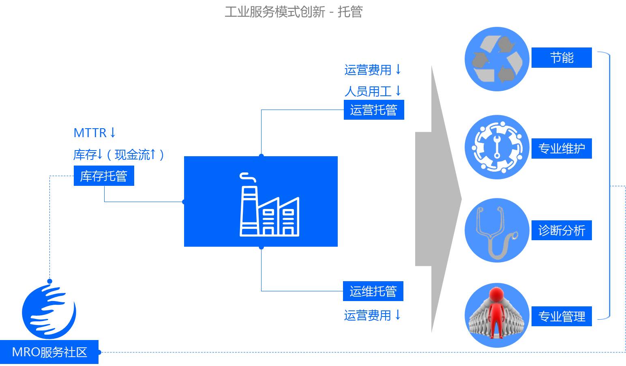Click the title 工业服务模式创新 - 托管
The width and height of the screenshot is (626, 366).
[294, 11]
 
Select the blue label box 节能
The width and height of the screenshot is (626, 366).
[562, 58]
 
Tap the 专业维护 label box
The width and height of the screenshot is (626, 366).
[562, 149]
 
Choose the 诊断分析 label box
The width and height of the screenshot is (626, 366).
[562, 230]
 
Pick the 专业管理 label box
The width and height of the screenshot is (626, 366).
[562, 316]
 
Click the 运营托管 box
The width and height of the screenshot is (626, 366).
[374, 110]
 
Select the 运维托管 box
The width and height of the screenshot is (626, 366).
[373, 291]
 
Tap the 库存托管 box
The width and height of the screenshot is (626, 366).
[104, 176]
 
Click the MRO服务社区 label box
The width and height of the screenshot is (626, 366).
[49, 352]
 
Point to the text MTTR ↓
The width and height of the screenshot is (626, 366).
[95, 133]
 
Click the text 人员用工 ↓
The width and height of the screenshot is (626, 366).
[373, 91]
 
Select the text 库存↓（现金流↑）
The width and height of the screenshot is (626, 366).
[119, 154]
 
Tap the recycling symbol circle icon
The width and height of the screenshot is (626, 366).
[497, 59]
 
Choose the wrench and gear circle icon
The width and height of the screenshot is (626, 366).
[497, 147]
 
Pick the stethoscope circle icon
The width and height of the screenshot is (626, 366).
[497, 230]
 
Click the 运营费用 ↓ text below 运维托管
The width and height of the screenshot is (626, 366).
[372, 315]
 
